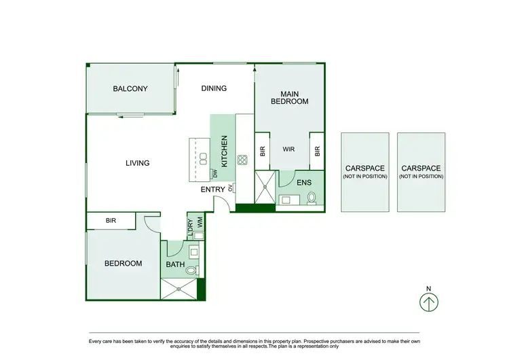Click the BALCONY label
point(130,89)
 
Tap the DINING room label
point(214,88)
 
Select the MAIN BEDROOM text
point(290,97)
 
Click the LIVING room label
point(137,163)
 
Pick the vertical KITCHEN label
point(224,147)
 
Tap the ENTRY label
point(213,190)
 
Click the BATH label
point(175,265)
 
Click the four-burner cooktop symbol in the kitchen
point(242,160)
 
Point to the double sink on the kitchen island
point(202,158)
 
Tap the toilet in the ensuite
point(312,198)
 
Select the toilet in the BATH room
point(191,271)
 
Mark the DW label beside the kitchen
point(214,173)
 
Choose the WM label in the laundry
point(200,222)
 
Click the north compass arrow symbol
point(429,302)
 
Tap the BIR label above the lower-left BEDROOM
point(111,221)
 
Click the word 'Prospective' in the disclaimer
point(325,341)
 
